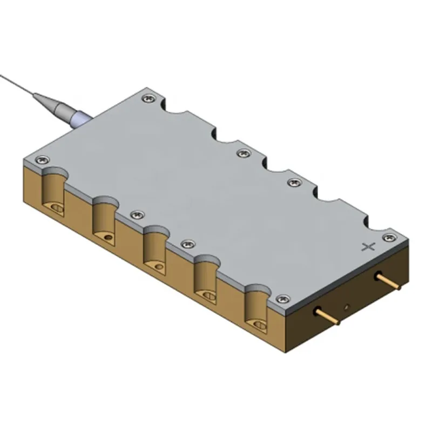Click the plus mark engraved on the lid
(x=369, y=247)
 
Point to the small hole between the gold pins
(x=347, y=307)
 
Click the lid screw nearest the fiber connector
(x=147, y=98)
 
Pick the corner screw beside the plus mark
(x=387, y=237)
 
